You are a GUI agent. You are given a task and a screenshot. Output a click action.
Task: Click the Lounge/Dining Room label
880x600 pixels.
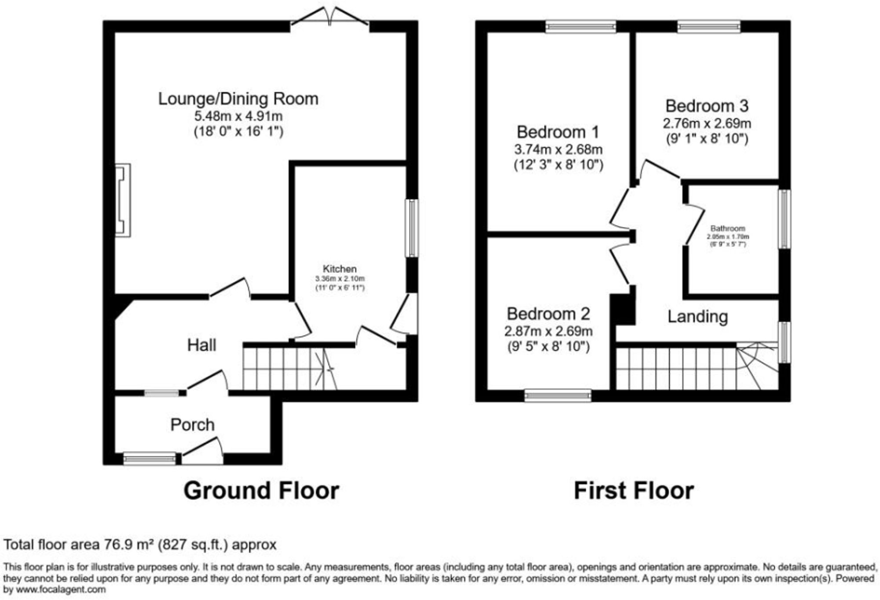click(238, 99)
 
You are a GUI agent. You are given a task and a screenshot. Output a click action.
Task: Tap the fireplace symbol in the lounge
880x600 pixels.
click(123, 200)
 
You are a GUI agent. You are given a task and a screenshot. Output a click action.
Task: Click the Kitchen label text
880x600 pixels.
click(340, 269)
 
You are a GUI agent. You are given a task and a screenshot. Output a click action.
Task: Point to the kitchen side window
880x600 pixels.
click(411, 228)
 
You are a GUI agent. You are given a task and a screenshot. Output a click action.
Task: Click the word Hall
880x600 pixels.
click(202, 345)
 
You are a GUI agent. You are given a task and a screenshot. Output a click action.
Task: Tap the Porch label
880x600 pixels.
click(192, 425)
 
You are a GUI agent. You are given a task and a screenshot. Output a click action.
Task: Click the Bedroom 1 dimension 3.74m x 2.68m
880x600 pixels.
click(558, 149)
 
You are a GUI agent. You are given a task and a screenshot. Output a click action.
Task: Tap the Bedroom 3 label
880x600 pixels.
click(707, 106)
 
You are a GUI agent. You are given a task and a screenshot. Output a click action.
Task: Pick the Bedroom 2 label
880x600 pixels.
click(548, 314)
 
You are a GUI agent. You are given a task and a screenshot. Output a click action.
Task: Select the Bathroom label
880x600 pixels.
click(728, 228)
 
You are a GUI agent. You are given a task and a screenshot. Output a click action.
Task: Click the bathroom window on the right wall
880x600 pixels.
click(784, 219)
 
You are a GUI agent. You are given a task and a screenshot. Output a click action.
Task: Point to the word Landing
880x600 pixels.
click(697, 316)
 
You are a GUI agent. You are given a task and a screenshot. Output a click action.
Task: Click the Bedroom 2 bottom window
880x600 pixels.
click(558, 396)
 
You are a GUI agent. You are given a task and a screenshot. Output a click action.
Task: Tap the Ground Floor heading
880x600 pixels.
click(261, 491)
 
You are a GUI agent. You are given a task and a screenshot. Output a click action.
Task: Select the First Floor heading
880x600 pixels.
click(634, 491)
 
